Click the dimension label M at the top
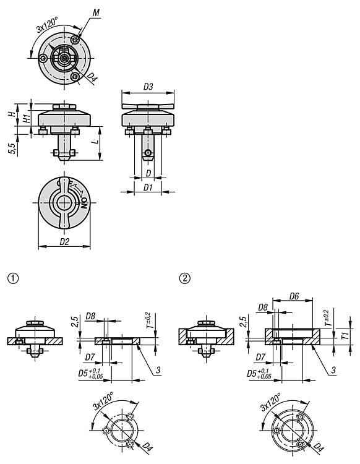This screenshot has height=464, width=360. point(96,13)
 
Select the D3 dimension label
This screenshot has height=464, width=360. point(148,87)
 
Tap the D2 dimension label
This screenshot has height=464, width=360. point(64,242)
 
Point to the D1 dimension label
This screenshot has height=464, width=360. point(148,187)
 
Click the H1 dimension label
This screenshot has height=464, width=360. point(27,119)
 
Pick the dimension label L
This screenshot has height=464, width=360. point(95,142)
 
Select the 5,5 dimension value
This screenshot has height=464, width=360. point(13,147)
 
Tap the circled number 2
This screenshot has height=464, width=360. point(185,278)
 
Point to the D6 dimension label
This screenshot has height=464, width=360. point(294,296)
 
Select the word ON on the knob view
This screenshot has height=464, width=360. point(85,203)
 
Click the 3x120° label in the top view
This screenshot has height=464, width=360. point(47,24)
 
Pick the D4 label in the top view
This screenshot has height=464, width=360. point(92,78)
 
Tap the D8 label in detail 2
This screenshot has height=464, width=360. point(263,307)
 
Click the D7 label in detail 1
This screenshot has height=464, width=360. point(90,358)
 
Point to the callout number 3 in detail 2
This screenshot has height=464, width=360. point(333,369)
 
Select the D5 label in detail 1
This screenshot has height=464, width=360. point(90,374)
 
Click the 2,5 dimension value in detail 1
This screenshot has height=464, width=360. point(75,322)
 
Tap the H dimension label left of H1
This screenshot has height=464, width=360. point(12,114)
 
